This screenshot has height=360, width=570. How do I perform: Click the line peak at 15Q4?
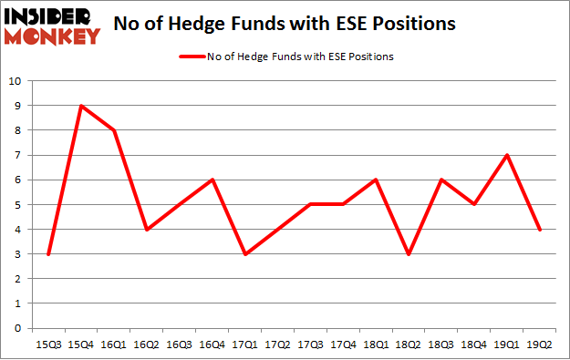[x=82, y=106]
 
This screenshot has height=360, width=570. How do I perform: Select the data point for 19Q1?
[x=506, y=155]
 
